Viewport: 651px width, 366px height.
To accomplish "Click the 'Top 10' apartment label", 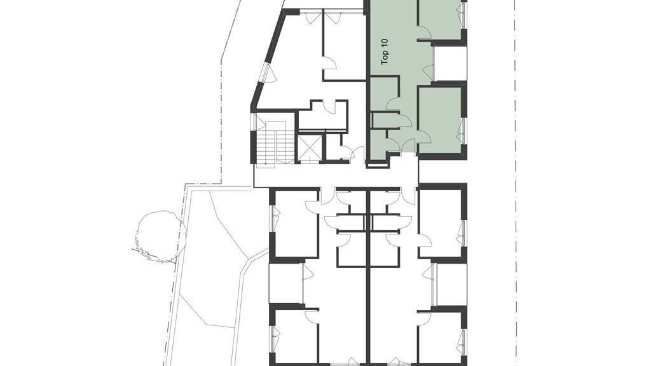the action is coord(385,51).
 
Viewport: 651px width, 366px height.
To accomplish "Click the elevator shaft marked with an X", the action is coord(310,147).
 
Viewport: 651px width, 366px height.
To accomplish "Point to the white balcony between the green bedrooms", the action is coord(449,64).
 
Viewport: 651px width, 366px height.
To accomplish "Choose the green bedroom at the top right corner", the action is coord(439,19).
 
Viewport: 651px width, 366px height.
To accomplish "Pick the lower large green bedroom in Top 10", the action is coord(439,119).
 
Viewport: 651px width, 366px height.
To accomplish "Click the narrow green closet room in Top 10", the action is coord(385,120).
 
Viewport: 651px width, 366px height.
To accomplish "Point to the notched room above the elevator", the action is coord(323,115).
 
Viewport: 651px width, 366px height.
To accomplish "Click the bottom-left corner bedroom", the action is coord(296,336).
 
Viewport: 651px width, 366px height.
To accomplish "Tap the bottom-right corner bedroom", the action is coord(440,337).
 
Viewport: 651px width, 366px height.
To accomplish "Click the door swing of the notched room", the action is coord(330,107).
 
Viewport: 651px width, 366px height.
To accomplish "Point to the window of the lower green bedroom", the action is coord(460,131).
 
